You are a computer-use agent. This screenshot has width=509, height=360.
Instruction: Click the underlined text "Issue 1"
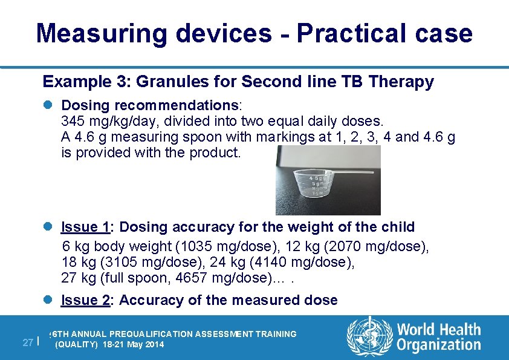pos(85,227)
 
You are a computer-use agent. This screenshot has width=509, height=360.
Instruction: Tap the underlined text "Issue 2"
pos(85,300)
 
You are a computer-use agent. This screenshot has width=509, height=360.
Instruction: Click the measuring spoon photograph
pos(328,180)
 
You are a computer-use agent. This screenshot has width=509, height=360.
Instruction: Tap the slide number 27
pos(27,342)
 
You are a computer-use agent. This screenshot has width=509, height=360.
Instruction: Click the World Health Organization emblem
pos(369,337)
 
